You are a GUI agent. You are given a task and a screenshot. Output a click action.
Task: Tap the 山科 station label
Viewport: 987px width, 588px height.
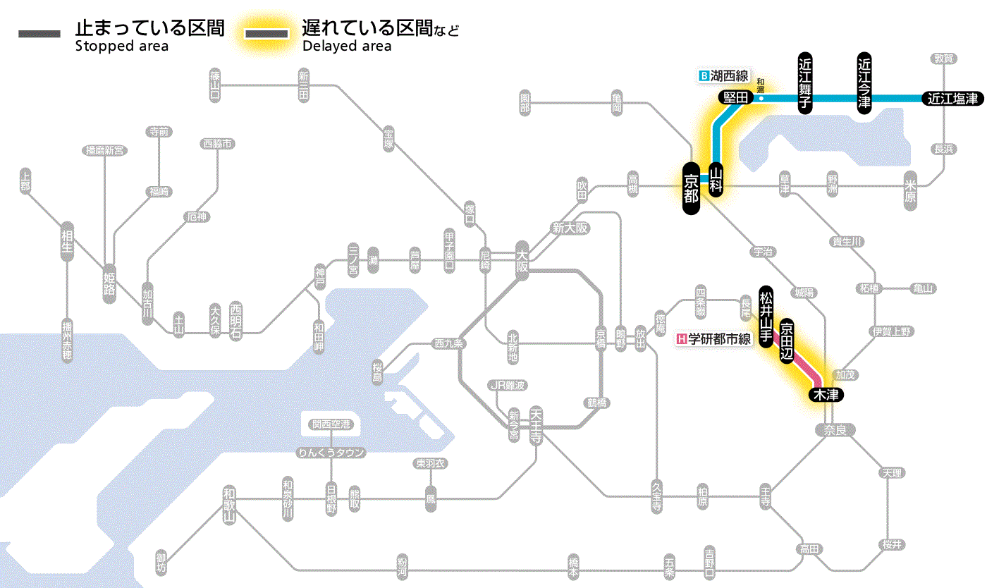716,180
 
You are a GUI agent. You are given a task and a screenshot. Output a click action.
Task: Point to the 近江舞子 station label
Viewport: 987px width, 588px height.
805,82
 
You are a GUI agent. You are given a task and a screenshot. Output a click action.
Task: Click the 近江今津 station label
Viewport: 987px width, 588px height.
864,82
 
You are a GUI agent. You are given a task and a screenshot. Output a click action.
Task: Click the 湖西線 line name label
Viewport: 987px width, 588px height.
723,75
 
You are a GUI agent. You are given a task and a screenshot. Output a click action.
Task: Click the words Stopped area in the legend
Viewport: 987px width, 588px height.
121,47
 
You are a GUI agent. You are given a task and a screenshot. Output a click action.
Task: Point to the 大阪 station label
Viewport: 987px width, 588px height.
522,261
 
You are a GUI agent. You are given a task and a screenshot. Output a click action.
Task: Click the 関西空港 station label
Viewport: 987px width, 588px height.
331,424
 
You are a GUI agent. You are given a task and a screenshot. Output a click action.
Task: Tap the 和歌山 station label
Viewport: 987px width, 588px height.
228,505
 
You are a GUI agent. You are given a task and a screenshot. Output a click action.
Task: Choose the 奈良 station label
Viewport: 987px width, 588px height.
834,429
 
